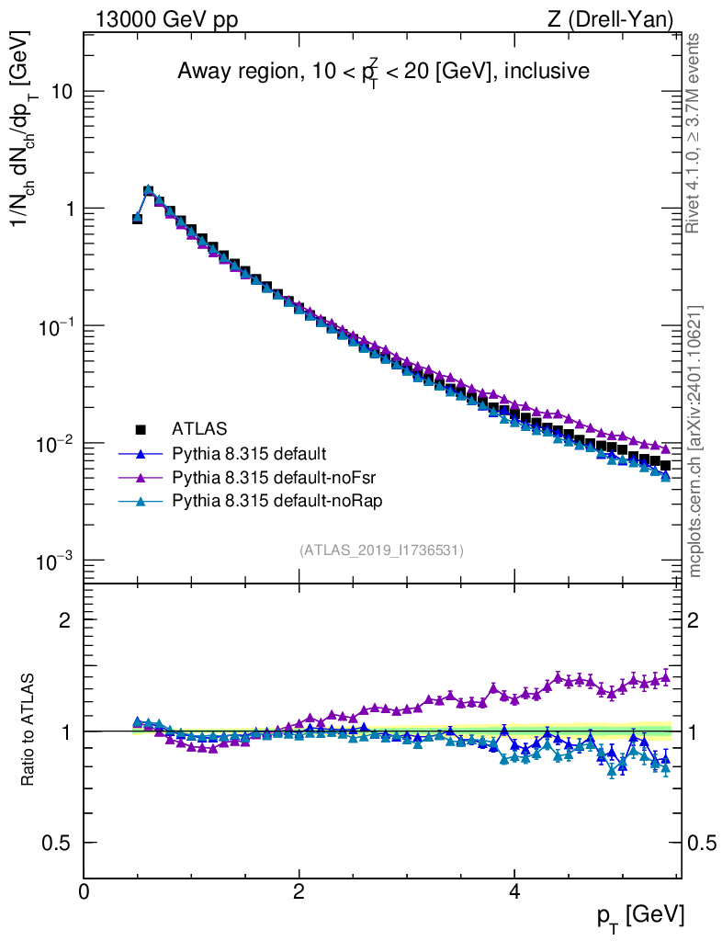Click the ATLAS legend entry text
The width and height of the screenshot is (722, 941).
199,429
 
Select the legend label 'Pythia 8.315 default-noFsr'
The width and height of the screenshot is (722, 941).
274,477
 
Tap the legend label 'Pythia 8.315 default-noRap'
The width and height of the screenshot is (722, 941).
277,501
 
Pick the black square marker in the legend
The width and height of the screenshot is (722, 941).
141,429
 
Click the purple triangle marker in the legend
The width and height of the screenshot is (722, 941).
141,477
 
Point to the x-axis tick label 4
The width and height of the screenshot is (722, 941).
513,890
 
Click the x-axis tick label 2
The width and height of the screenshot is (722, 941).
299,890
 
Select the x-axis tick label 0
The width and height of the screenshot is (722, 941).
84,890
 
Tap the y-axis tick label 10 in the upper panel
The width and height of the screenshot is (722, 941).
62,91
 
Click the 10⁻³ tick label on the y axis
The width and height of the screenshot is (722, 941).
54,561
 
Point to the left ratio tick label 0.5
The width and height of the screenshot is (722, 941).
56,843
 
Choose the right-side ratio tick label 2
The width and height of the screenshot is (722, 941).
693,619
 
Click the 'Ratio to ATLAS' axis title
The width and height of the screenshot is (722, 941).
28,730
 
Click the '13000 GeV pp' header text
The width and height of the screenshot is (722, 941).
166,19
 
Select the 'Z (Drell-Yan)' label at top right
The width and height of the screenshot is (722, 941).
611,19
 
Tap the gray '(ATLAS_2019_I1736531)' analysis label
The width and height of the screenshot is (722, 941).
381,550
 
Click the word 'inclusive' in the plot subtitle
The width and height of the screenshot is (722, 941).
547,71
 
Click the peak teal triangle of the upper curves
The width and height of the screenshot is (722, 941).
148,189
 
